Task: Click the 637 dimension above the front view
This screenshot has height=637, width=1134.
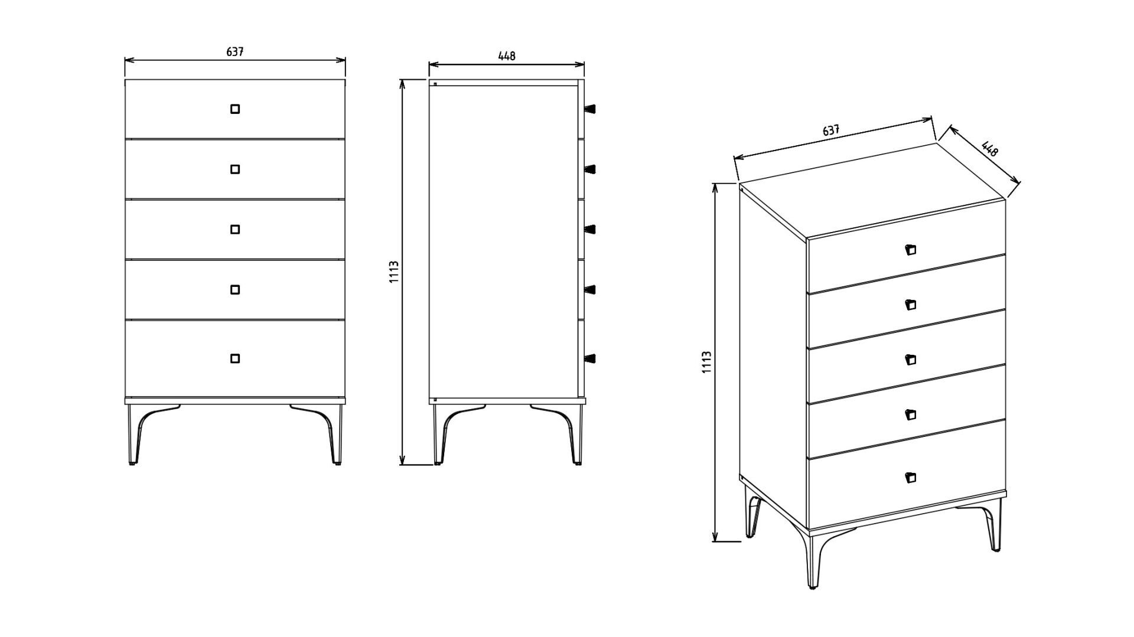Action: pyautogui.click(x=235, y=52)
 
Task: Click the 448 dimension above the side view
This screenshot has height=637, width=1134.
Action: pyautogui.click(x=507, y=56)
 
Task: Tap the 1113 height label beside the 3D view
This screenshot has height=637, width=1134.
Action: pyautogui.click(x=706, y=362)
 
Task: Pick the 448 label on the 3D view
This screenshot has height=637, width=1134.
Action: pyautogui.click(x=989, y=148)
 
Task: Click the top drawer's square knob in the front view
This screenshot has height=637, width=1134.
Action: pyautogui.click(x=235, y=109)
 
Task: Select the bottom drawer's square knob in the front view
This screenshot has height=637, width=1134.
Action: pyautogui.click(x=235, y=358)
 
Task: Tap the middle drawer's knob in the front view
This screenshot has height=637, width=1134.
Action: pyautogui.click(x=235, y=229)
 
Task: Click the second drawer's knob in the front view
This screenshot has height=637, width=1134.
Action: pyautogui.click(x=235, y=169)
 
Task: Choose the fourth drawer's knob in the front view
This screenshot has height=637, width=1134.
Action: pyautogui.click(x=235, y=289)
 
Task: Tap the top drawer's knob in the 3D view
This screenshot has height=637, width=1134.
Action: pyautogui.click(x=910, y=250)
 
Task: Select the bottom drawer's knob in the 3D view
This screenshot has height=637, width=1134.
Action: pyautogui.click(x=910, y=478)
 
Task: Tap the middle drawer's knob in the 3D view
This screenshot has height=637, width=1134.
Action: pyautogui.click(x=910, y=360)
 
